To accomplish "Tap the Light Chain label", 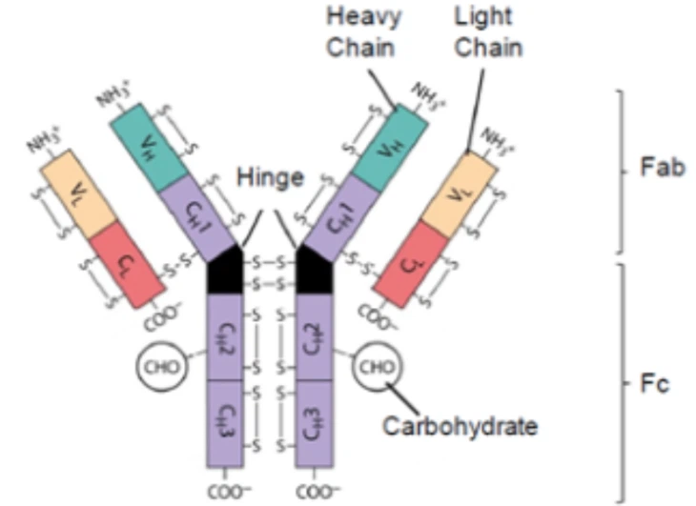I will [481, 30].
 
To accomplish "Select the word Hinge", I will [270, 177].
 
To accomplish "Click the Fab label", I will [658, 170].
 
